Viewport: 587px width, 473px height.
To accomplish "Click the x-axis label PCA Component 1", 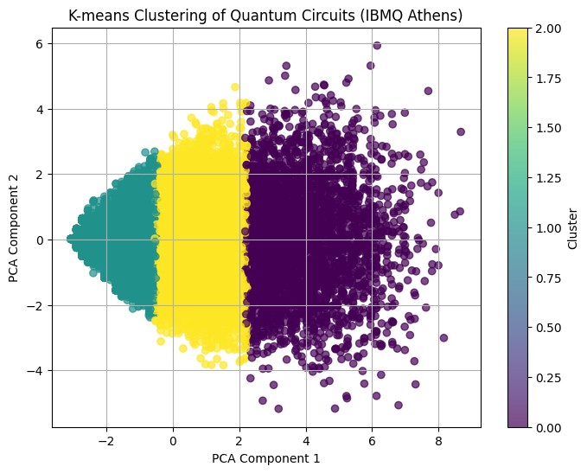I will point(265,458).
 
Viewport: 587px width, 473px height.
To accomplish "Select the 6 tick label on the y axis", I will point(39,43).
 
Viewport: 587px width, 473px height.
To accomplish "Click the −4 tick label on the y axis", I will point(35,371).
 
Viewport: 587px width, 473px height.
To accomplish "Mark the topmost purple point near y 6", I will point(377,46).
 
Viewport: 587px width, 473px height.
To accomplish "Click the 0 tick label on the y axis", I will point(39,240).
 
